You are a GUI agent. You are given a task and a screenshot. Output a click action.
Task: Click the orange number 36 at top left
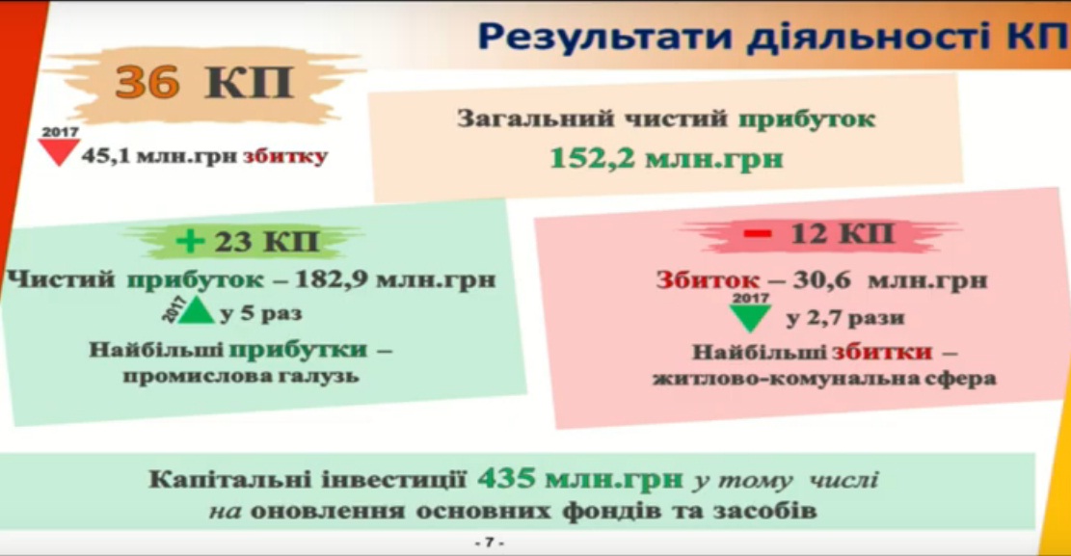pos(147,83)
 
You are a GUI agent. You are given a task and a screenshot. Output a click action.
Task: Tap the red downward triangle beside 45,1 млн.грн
pos(60,152)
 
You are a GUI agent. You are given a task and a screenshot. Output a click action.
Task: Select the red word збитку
pos(285,156)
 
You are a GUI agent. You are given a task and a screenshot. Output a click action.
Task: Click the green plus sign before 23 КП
pos(191,241)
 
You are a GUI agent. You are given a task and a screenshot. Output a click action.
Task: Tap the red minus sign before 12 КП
pos(758,234)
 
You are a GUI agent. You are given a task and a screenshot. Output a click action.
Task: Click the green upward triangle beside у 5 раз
pos(197,310)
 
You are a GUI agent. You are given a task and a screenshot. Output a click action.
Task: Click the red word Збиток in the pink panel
pos(707,280)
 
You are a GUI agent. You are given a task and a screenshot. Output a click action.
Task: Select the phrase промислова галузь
pos(241,376)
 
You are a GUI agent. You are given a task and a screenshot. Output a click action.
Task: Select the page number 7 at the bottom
pos(489,543)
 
